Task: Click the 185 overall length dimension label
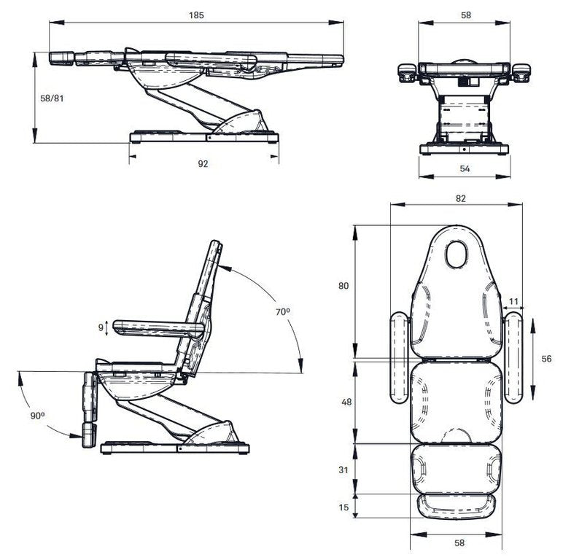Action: pos(196,15)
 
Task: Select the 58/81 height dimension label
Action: pos(52,98)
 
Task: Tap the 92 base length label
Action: pos(203,164)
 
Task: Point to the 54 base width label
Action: pos(465,168)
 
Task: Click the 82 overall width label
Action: pos(461,198)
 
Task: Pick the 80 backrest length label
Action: pos(343,286)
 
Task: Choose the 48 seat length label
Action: pos(346,402)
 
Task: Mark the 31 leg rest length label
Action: pos(343,470)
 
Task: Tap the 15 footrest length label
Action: pos(343,507)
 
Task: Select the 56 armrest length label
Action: pos(546,359)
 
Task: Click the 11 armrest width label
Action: pos(513,301)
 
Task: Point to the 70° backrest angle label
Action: pos(283,311)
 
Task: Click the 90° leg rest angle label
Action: pos(37,416)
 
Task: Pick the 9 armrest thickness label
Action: pos(101,327)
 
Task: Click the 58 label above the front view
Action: pos(466,15)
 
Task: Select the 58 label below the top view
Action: pos(459,543)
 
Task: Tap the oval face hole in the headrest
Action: pos(457,254)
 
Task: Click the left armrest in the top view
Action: pos(400,357)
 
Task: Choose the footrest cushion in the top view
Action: pos(457,506)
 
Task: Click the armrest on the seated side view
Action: pos(159,328)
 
